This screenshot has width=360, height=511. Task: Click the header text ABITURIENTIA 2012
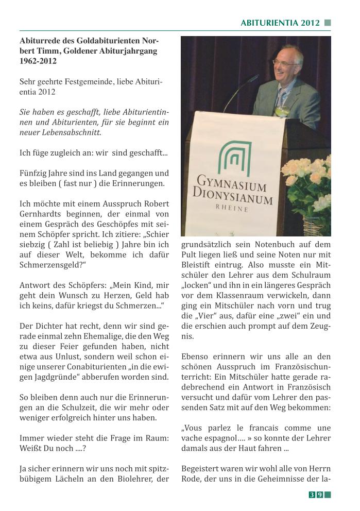(x=280, y=23)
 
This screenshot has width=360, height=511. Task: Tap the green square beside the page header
(x=328, y=23)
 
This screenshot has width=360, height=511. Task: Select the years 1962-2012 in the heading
(x=38, y=61)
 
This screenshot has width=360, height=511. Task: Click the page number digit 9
(x=320, y=495)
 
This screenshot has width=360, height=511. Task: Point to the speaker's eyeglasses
(x=285, y=62)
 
